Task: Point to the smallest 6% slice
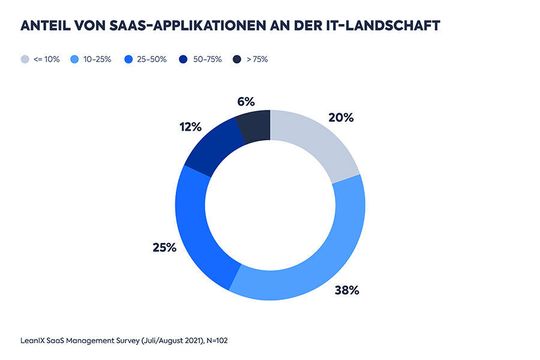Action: tap(254, 126)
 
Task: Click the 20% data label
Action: tap(342, 116)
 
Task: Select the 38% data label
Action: tap(346, 291)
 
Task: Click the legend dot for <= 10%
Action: tap(24, 60)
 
